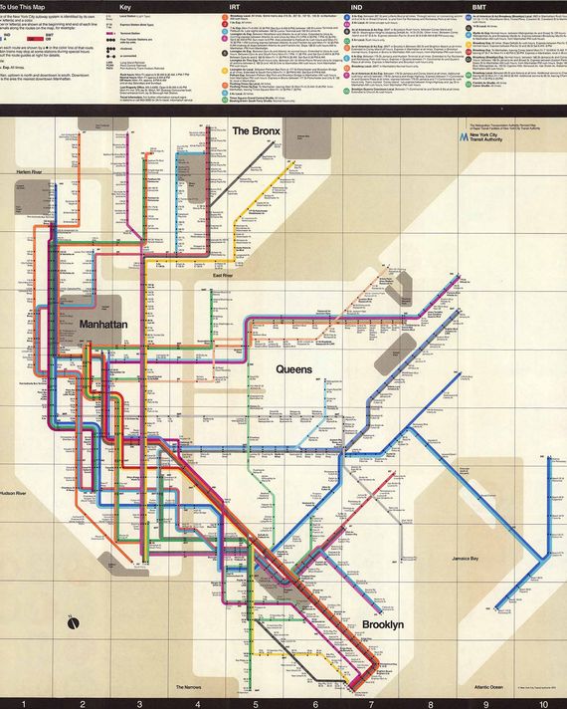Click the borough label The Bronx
[258, 131]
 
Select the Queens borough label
[294, 369]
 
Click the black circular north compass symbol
[72, 624]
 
